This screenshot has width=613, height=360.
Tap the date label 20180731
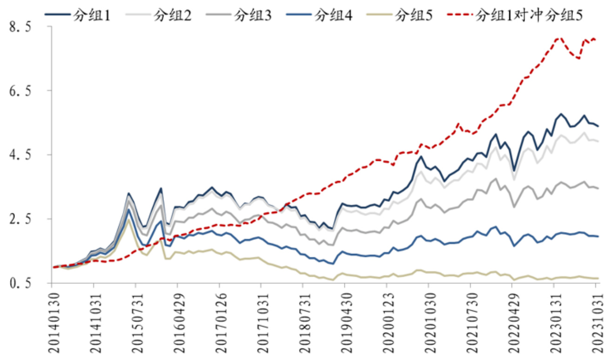tap(303, 321)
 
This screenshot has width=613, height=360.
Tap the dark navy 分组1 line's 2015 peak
tap(129, 193)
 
